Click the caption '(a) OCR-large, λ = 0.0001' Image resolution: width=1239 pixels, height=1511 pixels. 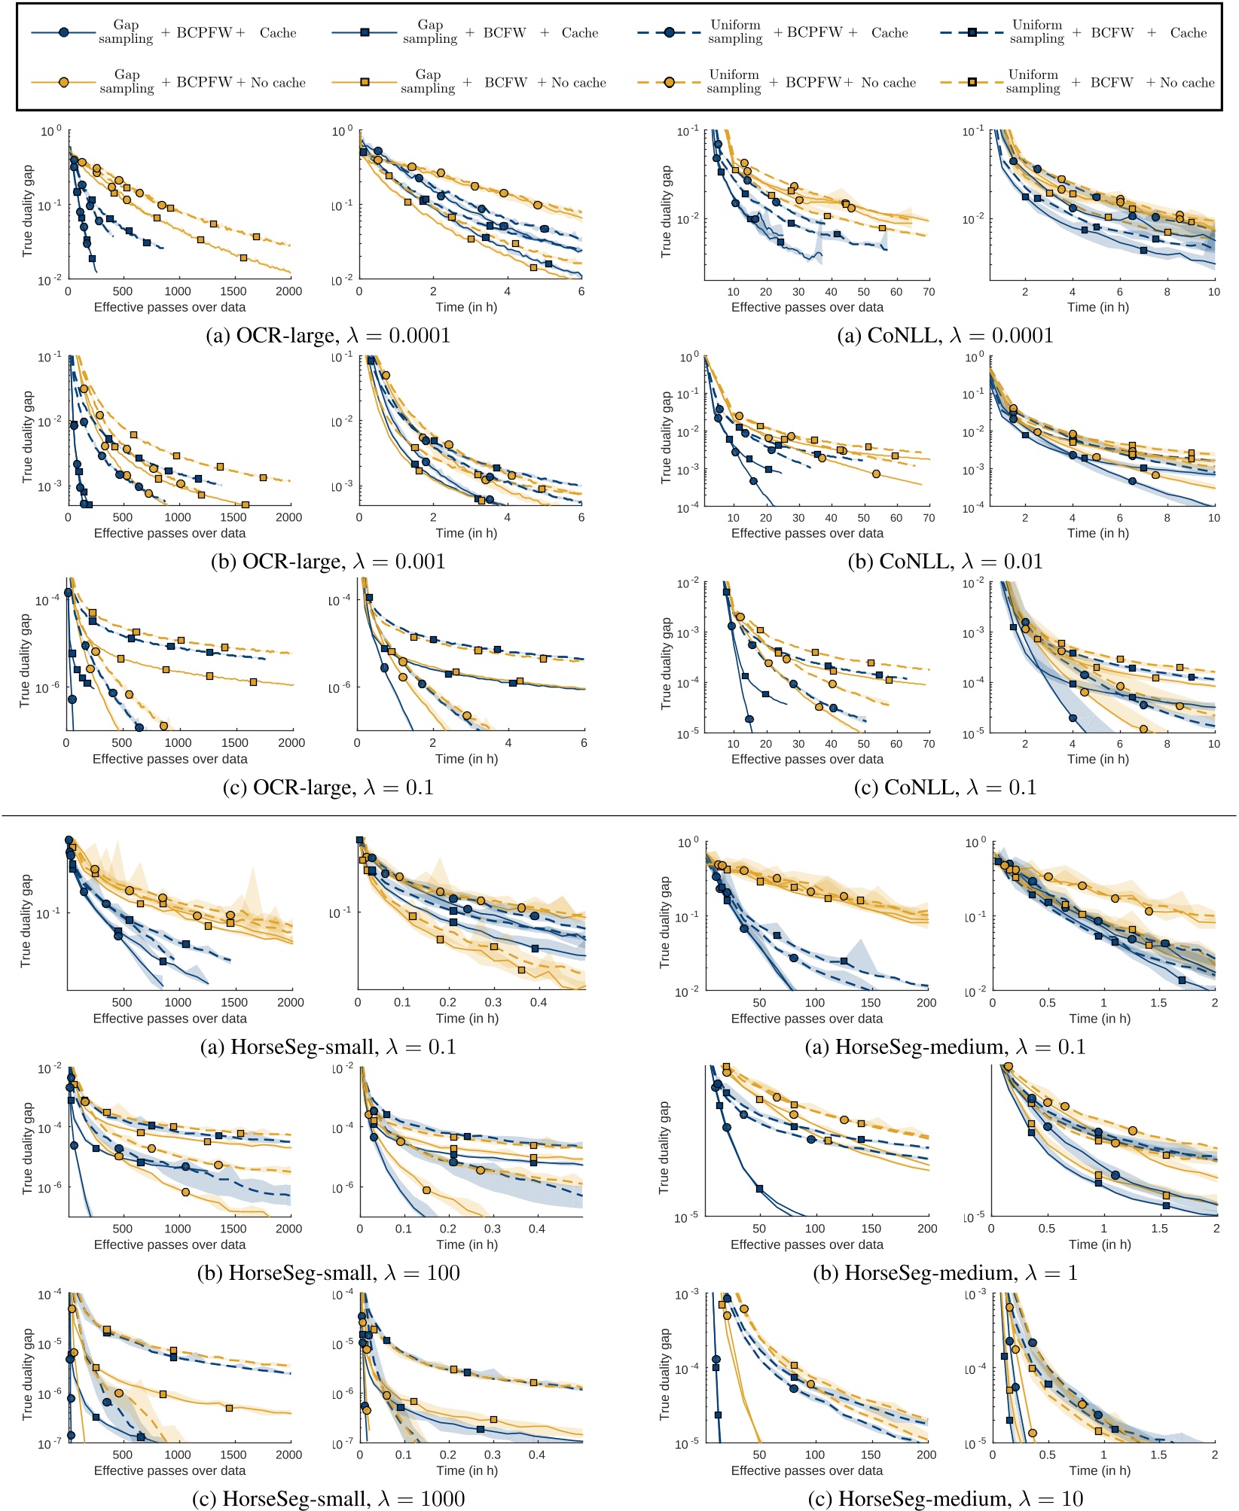[328, 336]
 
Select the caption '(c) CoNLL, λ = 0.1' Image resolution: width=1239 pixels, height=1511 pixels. [945, 787]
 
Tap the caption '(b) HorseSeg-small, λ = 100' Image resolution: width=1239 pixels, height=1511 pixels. [328, 1273]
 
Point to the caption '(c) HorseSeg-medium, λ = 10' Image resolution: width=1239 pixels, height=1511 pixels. [945, 1499]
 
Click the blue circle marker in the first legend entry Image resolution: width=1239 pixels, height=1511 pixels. [64, 33]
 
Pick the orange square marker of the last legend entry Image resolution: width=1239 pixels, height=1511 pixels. [972, 82]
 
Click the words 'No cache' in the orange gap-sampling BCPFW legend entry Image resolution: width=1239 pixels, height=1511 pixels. [278, 83]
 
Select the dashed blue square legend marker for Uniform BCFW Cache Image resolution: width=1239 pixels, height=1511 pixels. [972, 33]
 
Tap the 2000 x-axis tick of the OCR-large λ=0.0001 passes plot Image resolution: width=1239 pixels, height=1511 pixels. [288, 291]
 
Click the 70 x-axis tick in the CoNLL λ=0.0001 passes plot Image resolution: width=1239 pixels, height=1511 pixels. [929, 292]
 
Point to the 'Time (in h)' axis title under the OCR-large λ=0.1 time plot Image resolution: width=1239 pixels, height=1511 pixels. [465, 759]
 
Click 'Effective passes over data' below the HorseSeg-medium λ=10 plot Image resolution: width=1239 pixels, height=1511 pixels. [807, 1470]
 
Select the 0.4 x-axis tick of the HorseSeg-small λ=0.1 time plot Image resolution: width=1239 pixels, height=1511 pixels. [539, 1003]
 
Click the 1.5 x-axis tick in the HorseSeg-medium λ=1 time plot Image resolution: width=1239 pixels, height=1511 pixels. [1159, 1229]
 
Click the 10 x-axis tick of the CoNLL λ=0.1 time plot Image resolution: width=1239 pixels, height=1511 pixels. [1213, 744]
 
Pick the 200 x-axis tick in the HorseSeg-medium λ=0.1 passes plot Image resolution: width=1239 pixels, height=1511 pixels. [926, 1003]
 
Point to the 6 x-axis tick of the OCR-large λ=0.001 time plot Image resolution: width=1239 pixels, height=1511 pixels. [581, 518]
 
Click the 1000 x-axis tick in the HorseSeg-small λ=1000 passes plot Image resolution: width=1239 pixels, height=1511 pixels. [178, 1455]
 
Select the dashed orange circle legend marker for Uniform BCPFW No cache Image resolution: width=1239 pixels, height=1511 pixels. [669, 82]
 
